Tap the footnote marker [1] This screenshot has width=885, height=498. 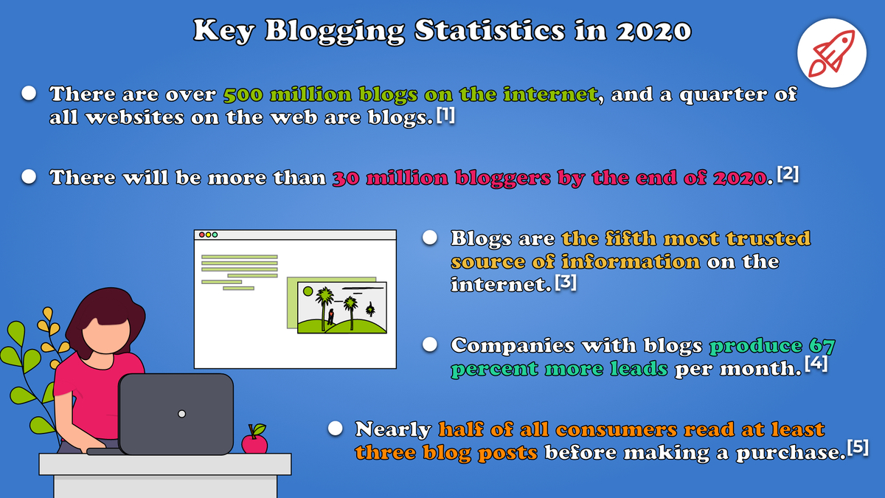click(445, 115)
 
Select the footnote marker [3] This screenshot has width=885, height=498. click(565, 283)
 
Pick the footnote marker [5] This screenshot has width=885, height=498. click(857, 449)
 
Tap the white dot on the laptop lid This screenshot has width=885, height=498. click(181, 414)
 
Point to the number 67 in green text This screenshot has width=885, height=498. click(821, 345)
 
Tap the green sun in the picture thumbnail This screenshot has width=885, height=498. click(308, 291)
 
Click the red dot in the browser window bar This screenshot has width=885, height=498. click(201, 235)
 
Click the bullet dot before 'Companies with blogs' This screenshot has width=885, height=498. click(431, 345)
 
